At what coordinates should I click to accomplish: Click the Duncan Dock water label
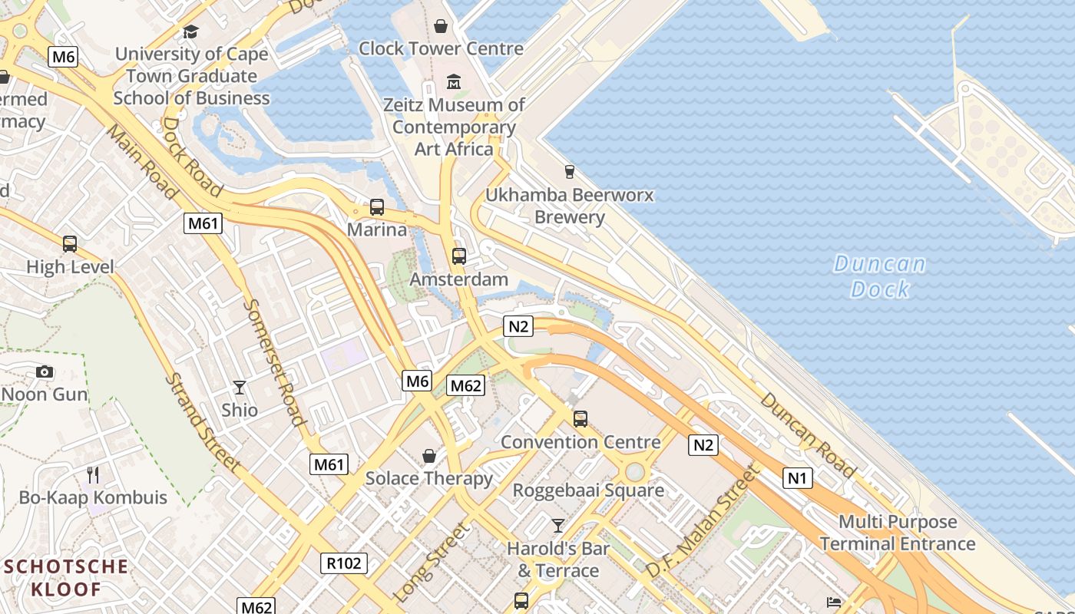coord(880,276)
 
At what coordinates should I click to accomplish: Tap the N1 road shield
coord(797,479)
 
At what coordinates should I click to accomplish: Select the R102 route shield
coord(343,563)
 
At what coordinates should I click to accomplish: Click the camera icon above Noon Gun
coord(45,372)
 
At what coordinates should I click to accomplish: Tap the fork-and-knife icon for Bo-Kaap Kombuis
coord(93,474)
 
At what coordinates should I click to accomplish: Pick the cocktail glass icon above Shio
coord(240,387)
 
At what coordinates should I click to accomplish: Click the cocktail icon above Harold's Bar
coord(558,526)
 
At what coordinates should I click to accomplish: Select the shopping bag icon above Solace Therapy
coord(429,457)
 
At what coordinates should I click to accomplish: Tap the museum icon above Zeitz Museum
coord(454,81)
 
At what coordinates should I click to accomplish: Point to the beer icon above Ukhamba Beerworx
coord(569,171)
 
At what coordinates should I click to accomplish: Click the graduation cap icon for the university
coord(190,31)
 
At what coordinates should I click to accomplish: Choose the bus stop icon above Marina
coord(376,206)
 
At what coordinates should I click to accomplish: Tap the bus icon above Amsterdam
coord(459,256)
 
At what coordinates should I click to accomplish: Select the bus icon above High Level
coord(70,244)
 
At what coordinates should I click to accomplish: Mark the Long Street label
coord(432,563)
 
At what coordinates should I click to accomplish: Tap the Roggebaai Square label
coord(588,490)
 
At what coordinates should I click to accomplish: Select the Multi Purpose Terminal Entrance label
coord(898,533)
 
